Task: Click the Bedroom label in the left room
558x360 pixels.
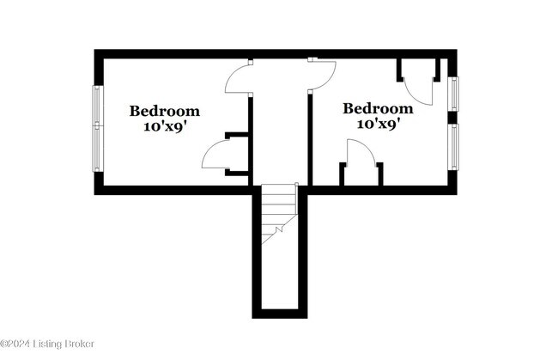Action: [165, 111]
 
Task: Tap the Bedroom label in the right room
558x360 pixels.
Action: [378, 109]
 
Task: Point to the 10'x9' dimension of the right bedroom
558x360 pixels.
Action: [378, 124]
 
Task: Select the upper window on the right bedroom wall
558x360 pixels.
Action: [453, 93]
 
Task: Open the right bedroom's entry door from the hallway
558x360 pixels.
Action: [322, 76]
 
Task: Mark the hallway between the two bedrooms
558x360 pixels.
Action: [280, 129]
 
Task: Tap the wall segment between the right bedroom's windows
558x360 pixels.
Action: [452, 117]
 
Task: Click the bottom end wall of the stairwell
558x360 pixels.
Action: [280, 314]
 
